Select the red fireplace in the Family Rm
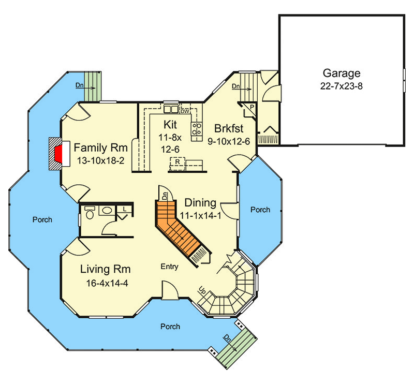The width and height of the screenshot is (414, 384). click(x=59, y=154)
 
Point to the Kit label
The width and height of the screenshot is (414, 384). click(x=170, y=125)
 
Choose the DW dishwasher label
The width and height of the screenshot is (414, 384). click(x=184, y=111)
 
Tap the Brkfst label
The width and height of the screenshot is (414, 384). click(x=229, y=128)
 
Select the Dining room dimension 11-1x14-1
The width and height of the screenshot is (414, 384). click(x=201, y=216)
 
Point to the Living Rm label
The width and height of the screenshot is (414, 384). click(x=105, y=269)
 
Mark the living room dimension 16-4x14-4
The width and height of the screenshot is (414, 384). click(x=108, y=283)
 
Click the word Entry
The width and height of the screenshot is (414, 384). click(x=169, y=267)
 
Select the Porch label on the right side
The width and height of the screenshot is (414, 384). click(x=260, y=210)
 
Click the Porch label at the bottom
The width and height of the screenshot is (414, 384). click(x=170, y=327)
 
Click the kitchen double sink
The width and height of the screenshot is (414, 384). click(x=170, y=109)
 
